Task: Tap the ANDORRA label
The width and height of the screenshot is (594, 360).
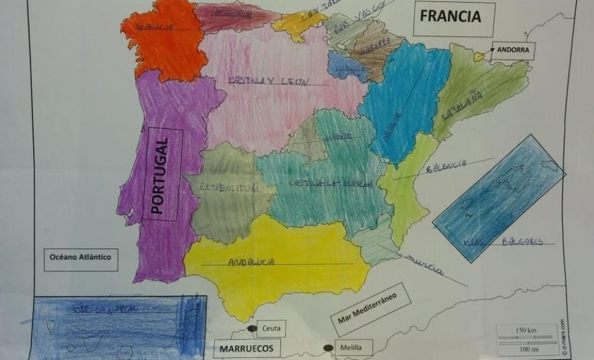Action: [x=513, y=50]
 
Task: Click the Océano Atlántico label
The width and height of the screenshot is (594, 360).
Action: [x=80, y=258]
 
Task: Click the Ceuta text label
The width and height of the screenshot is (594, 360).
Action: [x=271, y=330]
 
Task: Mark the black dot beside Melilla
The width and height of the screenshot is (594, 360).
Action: [x=328, y=349]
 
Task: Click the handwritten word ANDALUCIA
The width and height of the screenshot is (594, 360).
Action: [x=251, y=262]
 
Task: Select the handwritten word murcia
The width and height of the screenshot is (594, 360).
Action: [x=426, y=264]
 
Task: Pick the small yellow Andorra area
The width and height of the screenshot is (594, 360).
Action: [x=479, y=57]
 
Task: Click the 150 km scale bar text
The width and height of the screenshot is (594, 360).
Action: [x=526, y=331]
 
